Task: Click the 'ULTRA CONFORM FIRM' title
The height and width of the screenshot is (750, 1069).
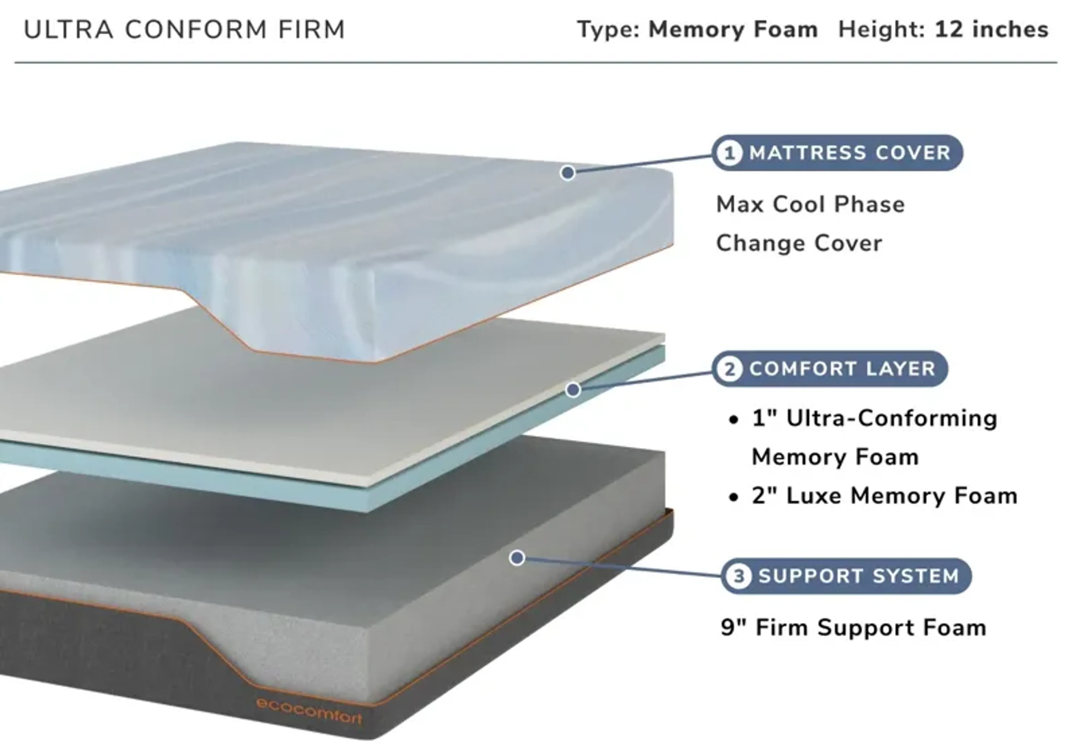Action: tap(184, 30)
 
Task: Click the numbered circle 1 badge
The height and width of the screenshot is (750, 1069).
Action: tap(729, 153)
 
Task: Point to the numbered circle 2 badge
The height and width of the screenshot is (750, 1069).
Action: tap(729, 369)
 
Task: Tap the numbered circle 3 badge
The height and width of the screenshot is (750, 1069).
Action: tap(739, 576)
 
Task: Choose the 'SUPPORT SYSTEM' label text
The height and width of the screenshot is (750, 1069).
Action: tap(859, 576)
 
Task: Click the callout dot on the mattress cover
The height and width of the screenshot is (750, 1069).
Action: tap(567, 173)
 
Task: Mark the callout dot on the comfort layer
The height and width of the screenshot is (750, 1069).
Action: tap(573, 390)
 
